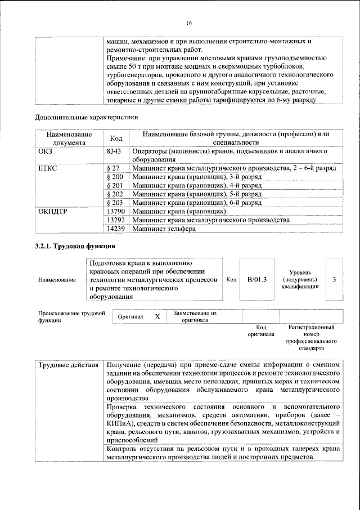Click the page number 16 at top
(x=188, y=23)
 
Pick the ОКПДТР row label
(x=52, y=211)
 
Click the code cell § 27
(x=113, y=168)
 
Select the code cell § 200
(x=114, y=177)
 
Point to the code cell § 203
(x=114, y=202)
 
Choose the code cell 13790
(x=115, y=211)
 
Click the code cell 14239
(x=115, y=229)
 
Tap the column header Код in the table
(x=116, y=138)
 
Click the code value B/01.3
(x=256, y=279)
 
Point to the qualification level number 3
(x=335, y=279)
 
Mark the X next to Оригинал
(x=157, y=317)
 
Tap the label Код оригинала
(x=261, y=330)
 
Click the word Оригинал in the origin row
(x=130, y=317)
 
